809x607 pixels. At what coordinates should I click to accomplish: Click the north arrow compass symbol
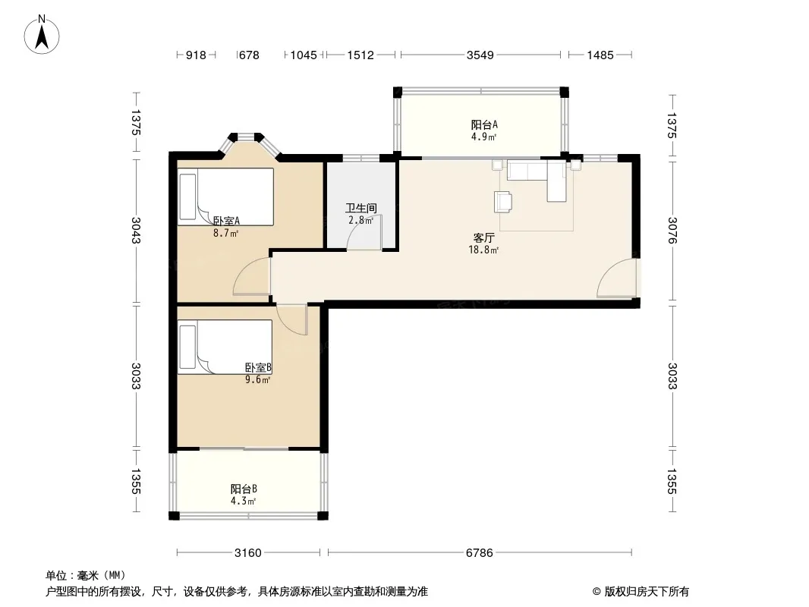point(42,35)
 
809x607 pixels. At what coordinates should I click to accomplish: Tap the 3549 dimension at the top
point(480,55)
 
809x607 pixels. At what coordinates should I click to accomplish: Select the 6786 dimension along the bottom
point(480,553)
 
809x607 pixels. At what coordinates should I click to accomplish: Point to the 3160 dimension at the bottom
point(248,553)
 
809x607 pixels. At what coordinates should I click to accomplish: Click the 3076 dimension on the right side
point(672,230)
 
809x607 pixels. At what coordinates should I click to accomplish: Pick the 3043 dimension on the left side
point(136,230)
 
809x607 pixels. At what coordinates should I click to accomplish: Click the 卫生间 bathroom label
point(361,209)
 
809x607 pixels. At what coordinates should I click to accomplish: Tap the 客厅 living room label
point(484,237)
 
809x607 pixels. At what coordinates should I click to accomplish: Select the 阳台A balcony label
point(484,124)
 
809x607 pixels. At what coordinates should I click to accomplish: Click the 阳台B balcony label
point(244,489)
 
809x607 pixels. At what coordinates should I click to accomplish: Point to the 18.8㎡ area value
point(483,250)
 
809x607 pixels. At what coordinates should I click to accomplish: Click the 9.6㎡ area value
point(257,380)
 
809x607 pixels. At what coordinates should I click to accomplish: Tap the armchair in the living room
point(503,202)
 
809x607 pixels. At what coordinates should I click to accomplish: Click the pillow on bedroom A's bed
point(187,197)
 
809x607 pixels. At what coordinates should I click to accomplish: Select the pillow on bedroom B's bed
point(187,347)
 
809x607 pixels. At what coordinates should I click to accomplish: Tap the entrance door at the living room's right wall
point(618,278)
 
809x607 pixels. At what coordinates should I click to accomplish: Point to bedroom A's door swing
point(251,275)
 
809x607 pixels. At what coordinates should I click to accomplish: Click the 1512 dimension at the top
point(360,55)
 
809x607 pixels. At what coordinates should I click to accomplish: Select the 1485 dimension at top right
point(600,55)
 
